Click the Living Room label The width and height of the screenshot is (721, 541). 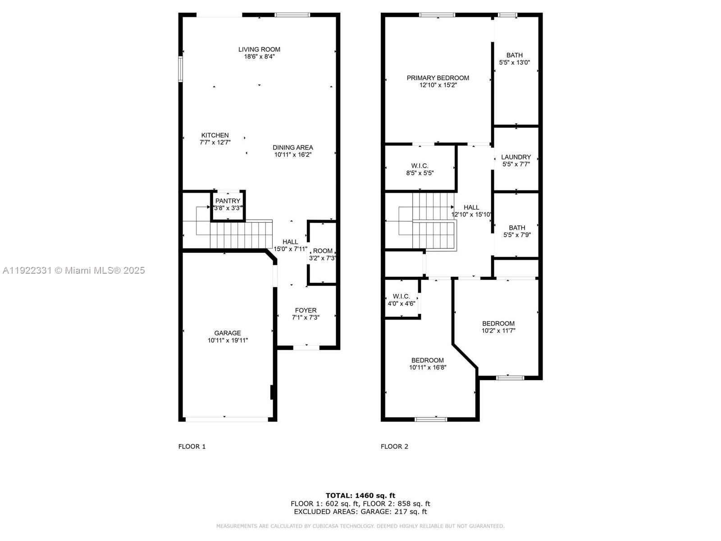[x=259, y=50]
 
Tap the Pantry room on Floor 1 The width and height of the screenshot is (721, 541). [x=228, y=205]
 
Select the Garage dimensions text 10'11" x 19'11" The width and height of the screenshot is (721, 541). [x=228, y=340]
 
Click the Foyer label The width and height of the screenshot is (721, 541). [x=306, y=311]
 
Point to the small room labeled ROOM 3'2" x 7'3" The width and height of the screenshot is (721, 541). [x=323, y=254]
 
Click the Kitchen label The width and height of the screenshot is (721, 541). [x=215, y=135]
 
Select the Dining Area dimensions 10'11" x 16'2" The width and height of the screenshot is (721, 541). [x=293, y=155]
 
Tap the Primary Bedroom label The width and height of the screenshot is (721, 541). [x=438, y=78]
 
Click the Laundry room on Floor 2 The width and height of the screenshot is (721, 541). [x=516, y=160]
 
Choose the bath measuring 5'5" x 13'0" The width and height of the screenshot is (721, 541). [x=514, y=59]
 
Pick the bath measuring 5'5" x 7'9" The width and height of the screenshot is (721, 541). [x=517, y=231]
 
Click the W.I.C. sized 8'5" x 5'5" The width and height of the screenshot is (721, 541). [x=420, y=169]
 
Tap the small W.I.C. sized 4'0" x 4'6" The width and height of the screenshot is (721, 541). [x=401, y=300]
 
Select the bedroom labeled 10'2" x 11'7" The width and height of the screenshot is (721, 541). [x=498, y=327]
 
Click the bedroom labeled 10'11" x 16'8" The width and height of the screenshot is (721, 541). [x=427, y=364]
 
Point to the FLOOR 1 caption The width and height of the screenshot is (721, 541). [x=192, y=446]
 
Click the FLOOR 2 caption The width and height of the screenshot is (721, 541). [x=394, y=446]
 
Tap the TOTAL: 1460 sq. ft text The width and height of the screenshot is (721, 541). [x=360, y=495]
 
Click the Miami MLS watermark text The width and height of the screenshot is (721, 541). [x=73, y=270]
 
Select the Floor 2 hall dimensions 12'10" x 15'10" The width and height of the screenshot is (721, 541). [x=471, y=215]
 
